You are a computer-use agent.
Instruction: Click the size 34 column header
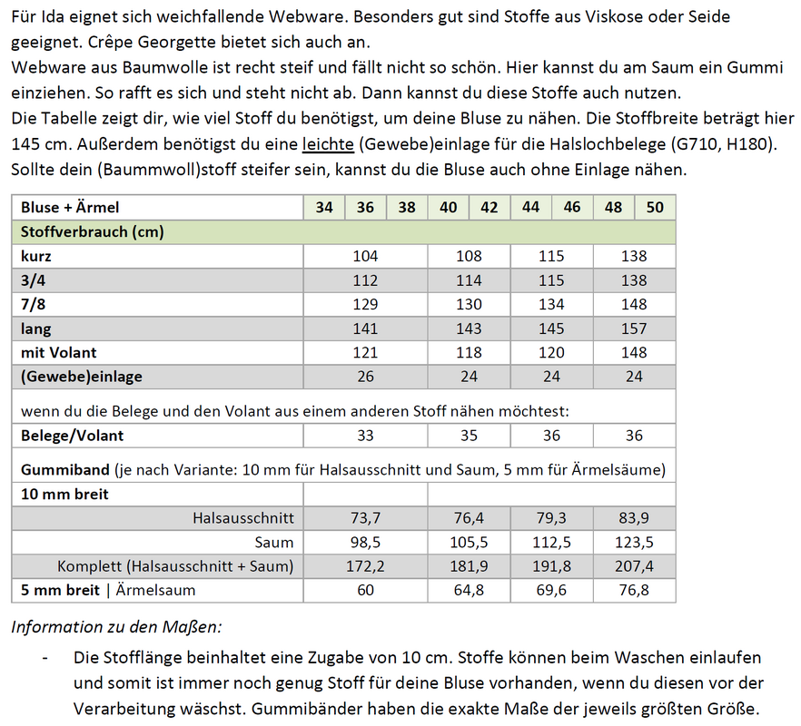[x=324, y=208]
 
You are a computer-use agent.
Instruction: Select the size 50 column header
[x=655, y=208]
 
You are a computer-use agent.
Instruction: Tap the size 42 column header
[x=489, y=208]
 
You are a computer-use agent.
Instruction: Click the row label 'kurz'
[x=36, y=256]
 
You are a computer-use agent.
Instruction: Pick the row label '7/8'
[x=34, y=304]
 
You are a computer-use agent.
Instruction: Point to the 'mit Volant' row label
[x=58, y=352]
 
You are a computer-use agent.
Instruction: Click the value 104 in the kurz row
[x=365, y=256]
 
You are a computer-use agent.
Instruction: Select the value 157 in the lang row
[x=634, y=329]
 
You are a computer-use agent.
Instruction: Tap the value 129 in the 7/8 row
[x=365, y=304]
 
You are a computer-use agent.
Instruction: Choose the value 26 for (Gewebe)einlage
[x=365, y=376]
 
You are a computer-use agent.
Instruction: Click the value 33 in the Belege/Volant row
[x=365, y=436]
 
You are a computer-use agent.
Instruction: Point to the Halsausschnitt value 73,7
[x=365, y=518]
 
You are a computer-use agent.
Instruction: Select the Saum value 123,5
[x=634, y=543]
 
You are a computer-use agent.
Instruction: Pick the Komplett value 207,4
[x=634, y=566]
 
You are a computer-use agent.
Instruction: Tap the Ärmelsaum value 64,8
[x=469, y=591]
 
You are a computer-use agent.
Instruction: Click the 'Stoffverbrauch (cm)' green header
[x=93, y=232]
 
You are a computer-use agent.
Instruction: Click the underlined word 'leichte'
[x=330, y=146]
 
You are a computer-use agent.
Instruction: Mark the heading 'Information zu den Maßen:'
[x=116, y=626]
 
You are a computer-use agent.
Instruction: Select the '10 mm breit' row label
[x=64, y=495]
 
